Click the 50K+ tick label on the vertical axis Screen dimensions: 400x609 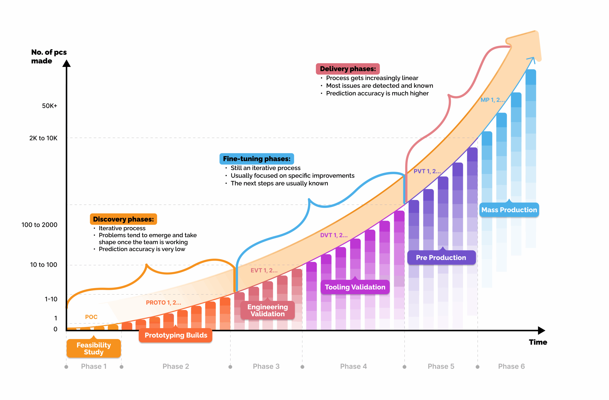click(49, 106)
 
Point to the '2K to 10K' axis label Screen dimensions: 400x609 click(43, 138)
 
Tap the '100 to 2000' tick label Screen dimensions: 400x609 click(39, 225)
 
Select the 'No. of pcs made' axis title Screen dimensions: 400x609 click(49, 57)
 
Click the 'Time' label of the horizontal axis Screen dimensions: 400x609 click(538, 342)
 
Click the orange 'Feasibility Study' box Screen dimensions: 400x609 click(94, 348)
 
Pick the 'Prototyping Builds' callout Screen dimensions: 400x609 click(176, 335)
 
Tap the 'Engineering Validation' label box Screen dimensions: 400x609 click(267, 310)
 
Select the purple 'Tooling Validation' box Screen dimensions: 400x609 click(355, 287)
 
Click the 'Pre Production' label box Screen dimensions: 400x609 click(441, 257)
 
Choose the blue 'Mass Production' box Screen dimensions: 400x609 click(509, 210)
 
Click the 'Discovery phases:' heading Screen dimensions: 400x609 click(123, 219)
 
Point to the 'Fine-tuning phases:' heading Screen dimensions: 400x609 click(257, 159)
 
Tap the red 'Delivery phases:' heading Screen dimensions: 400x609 click(348, 69)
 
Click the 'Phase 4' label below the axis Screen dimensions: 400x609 click(353, 366)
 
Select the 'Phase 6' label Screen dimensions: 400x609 click(511, 366)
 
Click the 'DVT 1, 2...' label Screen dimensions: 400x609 click(334, 235)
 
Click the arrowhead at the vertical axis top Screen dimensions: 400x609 click(67, 63)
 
